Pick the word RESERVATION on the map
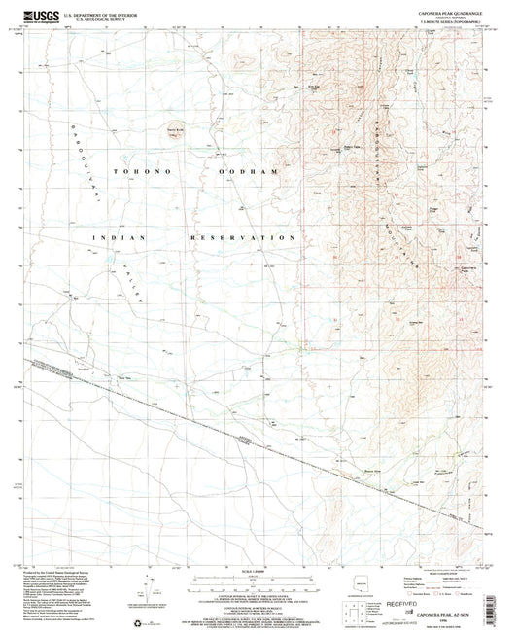[x=244, y=237]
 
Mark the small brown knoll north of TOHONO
[x=175, y=133]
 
